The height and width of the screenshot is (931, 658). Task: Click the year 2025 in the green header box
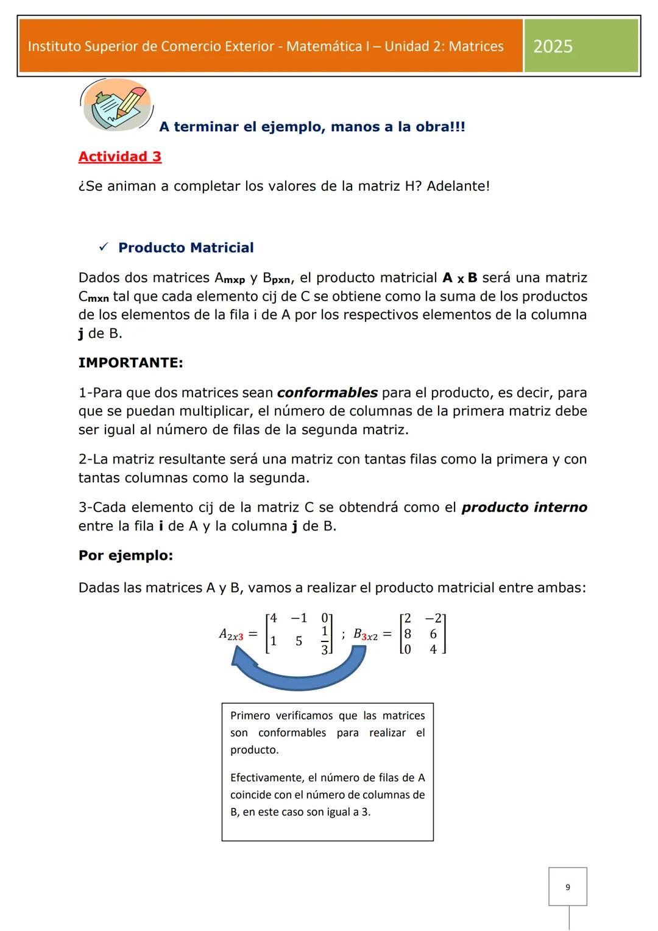coord(553,46)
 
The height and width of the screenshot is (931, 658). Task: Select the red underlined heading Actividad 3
coord(120,157)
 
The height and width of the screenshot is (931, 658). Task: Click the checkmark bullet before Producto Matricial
coord(103,248)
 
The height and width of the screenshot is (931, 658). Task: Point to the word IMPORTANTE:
coord(130,363)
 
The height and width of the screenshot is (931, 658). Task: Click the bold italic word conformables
coord(327,393)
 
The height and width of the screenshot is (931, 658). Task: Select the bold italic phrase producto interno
coord(524,507)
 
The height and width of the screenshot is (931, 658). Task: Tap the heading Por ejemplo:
coord(126,555)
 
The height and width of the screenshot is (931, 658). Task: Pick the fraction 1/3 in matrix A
coord(325,640)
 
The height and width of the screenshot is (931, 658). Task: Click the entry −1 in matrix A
coord(299,618)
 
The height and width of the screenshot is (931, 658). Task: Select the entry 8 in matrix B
coord(408,634)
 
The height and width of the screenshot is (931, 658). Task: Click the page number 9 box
coord(567,887)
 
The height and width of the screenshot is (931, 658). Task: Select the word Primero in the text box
coord(247,716)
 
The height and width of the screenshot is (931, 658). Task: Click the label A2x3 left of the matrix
coord(232,635)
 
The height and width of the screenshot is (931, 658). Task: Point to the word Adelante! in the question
coord(458,186)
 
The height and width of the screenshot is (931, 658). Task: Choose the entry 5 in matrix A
coord(299,641)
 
